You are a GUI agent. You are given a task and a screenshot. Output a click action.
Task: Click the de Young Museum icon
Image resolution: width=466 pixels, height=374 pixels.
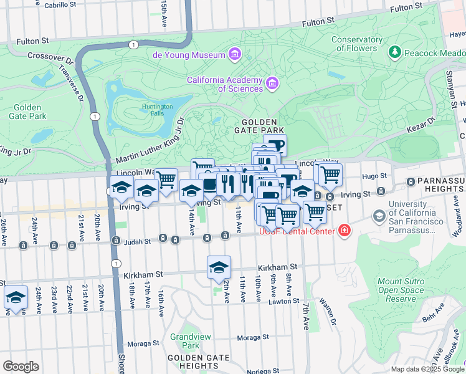click(x=235, y=55)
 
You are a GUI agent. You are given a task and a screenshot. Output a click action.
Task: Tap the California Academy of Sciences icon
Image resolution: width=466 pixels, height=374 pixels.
click(x=272, y=83)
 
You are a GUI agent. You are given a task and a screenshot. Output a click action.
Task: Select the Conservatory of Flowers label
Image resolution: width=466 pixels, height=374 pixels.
click(x=357, y=44)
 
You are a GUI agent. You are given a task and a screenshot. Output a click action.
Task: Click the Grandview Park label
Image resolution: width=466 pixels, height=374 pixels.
click(x=184, y=341)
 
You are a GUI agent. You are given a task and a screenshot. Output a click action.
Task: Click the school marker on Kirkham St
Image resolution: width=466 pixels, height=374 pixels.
click(x=219, y=267)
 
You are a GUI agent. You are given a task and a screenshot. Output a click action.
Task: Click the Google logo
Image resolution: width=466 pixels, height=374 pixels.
click(x=21, y=366)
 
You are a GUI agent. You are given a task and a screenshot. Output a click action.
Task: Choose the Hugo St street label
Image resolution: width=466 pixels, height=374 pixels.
click(x=374, y=176)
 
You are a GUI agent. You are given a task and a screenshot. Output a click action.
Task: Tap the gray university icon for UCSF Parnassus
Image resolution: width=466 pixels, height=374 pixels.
click(x=378, y=216)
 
